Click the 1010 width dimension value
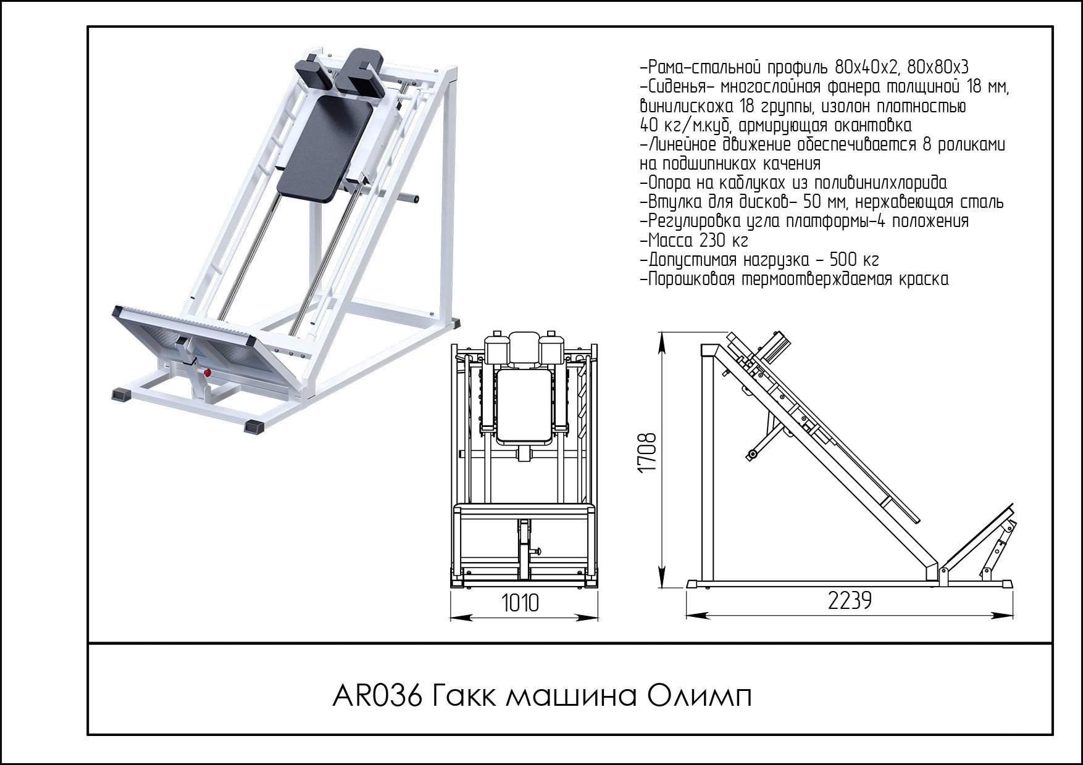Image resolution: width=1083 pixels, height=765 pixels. coord(520,603)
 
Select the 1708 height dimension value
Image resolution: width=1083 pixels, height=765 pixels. coord(646,453)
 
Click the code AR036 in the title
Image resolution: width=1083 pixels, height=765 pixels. coord(377,697)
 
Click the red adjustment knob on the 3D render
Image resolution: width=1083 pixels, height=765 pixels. coord(207,373)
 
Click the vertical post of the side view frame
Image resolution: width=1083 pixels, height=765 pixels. coord(707,469)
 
